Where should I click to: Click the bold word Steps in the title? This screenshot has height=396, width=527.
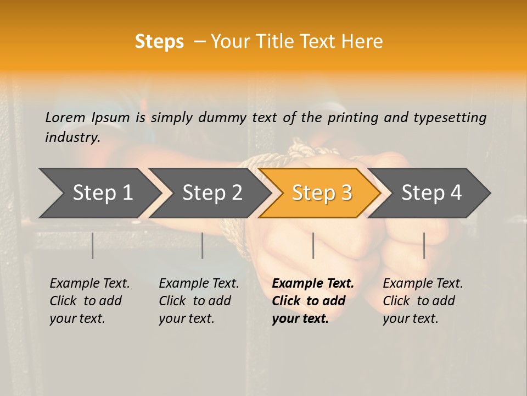tap(159, 42)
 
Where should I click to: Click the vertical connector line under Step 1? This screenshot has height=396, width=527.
tap(93, 245)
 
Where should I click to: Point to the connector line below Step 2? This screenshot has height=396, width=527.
tap(203, 245)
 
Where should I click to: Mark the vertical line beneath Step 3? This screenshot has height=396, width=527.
tap(313, 245)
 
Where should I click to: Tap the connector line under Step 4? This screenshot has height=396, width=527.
tap(424, 245)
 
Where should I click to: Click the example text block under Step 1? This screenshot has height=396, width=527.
tap(89, 301)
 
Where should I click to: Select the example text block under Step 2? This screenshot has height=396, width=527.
tap(199, 301)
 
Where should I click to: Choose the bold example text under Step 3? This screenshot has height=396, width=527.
tap(313, 301)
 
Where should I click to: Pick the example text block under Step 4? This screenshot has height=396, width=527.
tap(423, 301)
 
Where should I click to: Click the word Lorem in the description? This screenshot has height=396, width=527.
tap(65, 117)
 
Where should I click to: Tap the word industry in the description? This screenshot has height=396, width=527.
tap(72, 137)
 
